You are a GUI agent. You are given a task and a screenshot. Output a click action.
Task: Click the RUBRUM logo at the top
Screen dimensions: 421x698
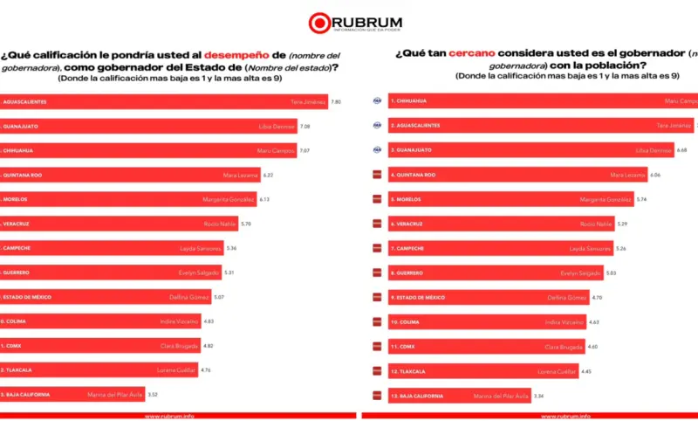[x=348, y=21]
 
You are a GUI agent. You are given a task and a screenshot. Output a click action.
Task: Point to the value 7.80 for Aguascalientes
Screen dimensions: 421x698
[x=336, y=101]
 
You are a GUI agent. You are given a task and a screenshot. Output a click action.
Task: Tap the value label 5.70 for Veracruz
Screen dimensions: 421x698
[x=246, y=224]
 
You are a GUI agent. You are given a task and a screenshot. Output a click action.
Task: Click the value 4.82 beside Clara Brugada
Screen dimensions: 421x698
[x=209, y=346]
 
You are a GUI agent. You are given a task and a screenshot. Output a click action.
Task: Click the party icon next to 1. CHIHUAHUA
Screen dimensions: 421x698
[x=377, y=100]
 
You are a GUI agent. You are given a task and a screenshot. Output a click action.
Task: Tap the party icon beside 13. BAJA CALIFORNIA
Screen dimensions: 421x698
[x=377, y=396]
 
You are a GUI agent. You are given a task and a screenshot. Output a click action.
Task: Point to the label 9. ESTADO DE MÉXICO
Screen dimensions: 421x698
[x=417, y=298]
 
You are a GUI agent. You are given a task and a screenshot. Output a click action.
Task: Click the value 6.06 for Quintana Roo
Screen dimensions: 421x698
[x=655, y=175]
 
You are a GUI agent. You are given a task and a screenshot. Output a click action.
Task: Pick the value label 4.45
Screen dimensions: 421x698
[x=586, y=371]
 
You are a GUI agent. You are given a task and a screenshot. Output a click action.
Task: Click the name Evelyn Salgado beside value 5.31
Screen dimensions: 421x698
[x=201, y=273]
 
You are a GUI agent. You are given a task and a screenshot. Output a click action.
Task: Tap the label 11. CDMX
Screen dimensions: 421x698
[x=402, y=347]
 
